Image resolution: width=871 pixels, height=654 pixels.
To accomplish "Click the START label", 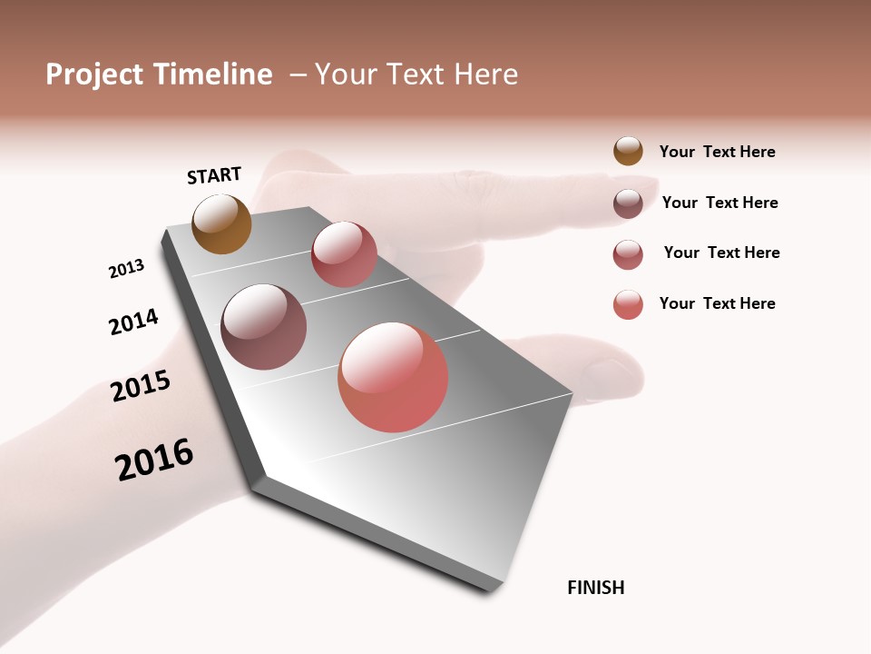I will pyautogui.click(x=214, y=175).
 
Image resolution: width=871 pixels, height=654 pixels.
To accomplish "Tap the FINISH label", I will pyautogui.click(x=596, y=588).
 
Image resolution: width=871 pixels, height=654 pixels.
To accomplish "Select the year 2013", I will pyautogui.click(x=126, y=269).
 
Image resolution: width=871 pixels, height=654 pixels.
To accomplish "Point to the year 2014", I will pyautogui.click(x=133, y=322).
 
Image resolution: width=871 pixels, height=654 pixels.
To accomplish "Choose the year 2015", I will pyautogui.click(x=141, y=386).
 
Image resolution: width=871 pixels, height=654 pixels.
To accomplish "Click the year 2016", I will pyautogui.click(x=154, y=460).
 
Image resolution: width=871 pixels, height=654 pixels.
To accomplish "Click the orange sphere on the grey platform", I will pyautogui.click(x=221, y=223).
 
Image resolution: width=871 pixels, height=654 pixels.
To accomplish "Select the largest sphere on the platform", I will pyautogui.click(x=393, y=377).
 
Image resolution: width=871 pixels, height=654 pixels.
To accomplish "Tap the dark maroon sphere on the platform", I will pyautogui.click(x=264, y=327).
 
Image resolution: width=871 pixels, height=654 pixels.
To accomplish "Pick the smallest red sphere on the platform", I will pyautogui.click(x=344, y=254).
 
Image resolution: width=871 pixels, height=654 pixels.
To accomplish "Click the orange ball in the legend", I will pyautogui.click(x=628, y=152).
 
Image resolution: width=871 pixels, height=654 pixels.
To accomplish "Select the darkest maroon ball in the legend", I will pyautogui.click(x=628, y=203).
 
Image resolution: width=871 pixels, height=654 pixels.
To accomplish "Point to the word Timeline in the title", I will pyautogui.click(x=213, y=74).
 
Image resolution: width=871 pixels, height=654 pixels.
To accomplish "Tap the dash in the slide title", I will pyautogui.click(x=298, y=75).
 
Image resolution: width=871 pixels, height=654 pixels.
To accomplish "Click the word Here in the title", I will pyautogui.click(x=486, y=74).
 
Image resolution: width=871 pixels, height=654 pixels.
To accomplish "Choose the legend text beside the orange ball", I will pyautogui.click(x=717, y=152).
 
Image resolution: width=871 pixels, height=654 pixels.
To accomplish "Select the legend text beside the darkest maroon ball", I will pyautogui.click(x=719, y=203).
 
